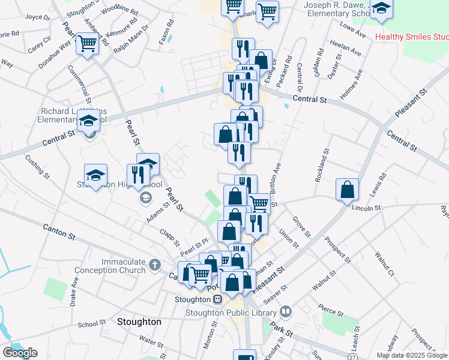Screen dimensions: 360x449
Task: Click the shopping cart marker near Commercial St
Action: point(88,43)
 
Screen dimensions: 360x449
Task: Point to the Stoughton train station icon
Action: point(218,299)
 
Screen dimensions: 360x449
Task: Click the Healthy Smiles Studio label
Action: point(411,37)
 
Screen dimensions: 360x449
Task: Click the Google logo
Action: point(20,353)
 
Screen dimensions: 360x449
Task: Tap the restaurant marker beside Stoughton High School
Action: point(139,175)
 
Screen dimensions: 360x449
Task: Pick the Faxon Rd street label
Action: point(170,31)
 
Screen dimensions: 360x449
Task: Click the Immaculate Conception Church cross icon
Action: point(155,264)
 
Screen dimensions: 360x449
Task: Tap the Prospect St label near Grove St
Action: point(337,251)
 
